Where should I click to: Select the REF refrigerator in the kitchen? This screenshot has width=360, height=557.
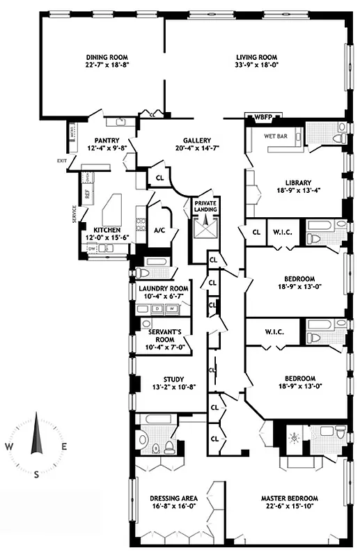pos(87,195)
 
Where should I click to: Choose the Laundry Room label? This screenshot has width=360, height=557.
pos(163,288)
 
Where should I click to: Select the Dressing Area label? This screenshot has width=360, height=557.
pos(174,499)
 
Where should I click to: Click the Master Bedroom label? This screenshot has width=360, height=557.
pos(290,499)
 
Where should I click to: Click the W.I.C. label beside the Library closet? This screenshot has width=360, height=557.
pos(282,232)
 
